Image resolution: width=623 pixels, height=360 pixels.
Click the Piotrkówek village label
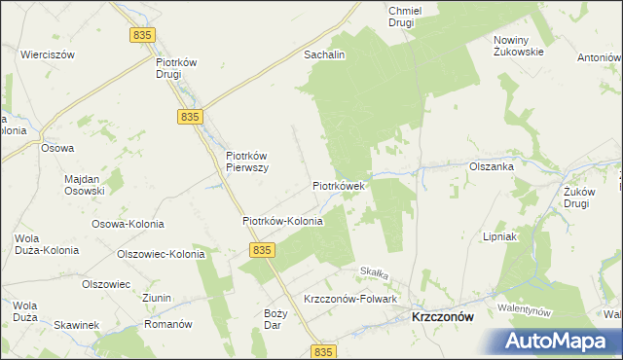coord(338,184)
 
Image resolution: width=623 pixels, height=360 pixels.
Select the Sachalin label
coord(325,55)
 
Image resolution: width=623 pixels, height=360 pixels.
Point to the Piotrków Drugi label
coord(177,68)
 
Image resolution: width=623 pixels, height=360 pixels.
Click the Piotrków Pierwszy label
coord(246,161)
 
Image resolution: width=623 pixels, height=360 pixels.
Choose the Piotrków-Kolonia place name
coord(282,221)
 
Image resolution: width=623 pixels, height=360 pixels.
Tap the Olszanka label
coord(491,166)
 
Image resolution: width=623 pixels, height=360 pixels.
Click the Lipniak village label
coord(499,236)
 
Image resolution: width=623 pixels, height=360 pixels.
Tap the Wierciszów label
coord(48,55)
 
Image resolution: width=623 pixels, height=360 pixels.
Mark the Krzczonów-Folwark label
coord(349,299)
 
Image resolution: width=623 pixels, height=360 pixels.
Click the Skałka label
coord(375,271)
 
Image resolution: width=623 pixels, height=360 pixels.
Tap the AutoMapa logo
coord(560,341)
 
